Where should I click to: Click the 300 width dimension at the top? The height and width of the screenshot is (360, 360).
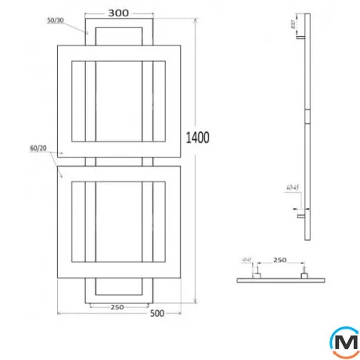coord(119,13)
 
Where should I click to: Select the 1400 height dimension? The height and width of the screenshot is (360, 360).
coord(198,139)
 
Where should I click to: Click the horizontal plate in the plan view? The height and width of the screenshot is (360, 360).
coord(279,279)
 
